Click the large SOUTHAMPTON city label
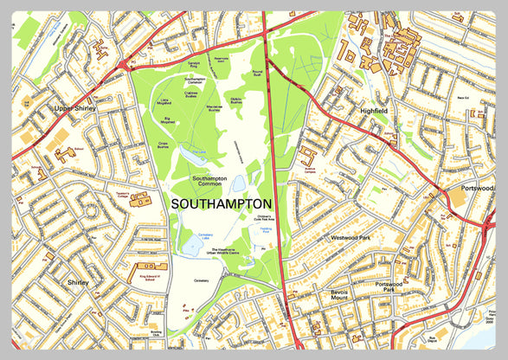(222, 203)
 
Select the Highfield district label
(377, 111)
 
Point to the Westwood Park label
(350, 236)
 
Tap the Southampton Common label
(209, 181)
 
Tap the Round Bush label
(256, 73)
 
